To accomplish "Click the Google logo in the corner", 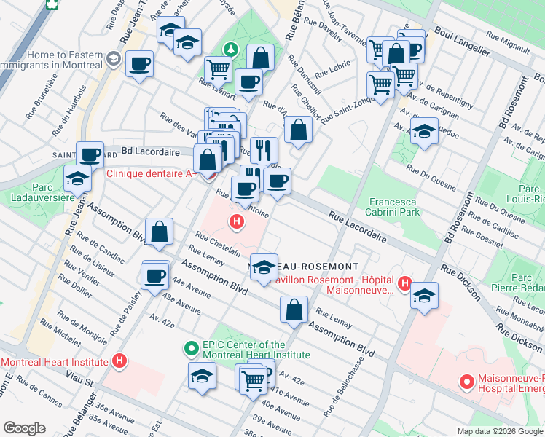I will pos(25,428).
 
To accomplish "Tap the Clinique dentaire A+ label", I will pos(151,174).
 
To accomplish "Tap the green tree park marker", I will pos(231,50).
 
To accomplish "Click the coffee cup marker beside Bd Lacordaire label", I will pos(90,154).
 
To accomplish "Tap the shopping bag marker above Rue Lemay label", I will pos(294,309).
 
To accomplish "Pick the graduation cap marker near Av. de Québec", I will pos(423,133).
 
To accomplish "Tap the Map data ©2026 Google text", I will pos(499,431).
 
